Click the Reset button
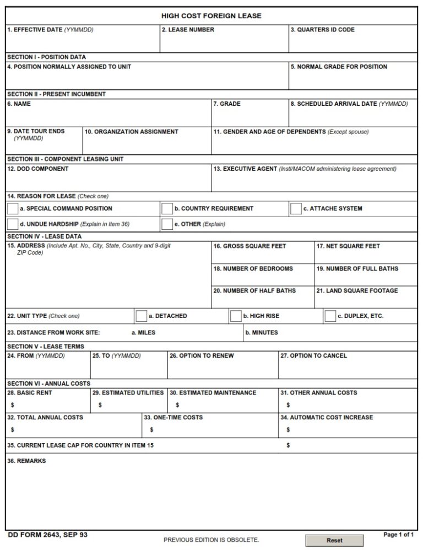334,540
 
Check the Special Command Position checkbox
12,209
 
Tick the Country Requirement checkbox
167,209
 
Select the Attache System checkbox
296,209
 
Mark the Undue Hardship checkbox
12,224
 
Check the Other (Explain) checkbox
167,224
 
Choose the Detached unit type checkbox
141,316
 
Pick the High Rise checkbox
236,316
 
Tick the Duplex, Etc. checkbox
330,316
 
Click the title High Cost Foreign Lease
211,16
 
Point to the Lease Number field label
188,30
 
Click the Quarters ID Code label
322,30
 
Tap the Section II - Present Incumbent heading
56,94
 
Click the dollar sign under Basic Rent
12,405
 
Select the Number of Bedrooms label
253,268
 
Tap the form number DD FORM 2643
47,535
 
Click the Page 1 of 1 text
398,535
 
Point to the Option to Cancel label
313,356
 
